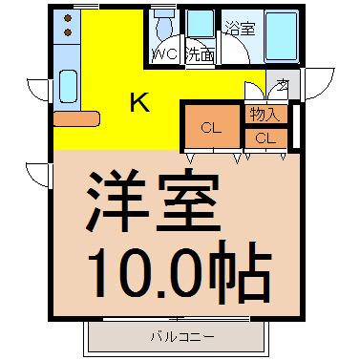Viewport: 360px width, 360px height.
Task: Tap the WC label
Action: [x=165, y=53]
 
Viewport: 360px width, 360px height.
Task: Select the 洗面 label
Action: [x=200, y=54]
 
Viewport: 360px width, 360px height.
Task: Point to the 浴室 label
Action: [x=240, y=29]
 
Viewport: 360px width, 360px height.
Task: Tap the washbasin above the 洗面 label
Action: [x=200, y=25]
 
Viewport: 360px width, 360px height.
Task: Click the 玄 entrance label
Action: [x=283, y=84]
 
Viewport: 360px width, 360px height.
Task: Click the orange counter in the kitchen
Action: [x=76, y=119]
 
